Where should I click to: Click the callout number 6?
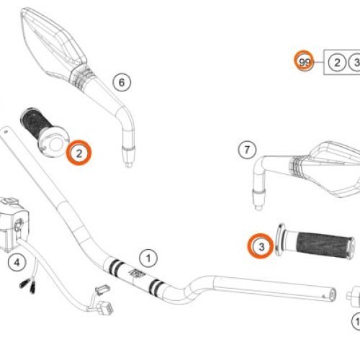click(121, 82)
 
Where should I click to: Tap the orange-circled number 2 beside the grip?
click(78, 153)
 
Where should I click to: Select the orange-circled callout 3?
click(261, 247)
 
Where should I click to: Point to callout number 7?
click(246, 150)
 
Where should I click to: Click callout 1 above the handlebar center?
click(148, 257)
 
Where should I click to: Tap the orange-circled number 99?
click(306, 63)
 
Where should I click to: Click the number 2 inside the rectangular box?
click(336, 63)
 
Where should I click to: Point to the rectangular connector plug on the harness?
click(101, 290)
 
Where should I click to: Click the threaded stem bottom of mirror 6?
click(129, 153)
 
